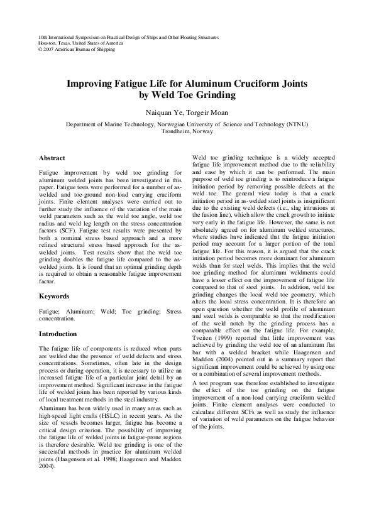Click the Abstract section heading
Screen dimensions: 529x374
coord(52,158)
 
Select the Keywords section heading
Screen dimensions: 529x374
coord(55,295)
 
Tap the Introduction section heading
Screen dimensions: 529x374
coord(60,334)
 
